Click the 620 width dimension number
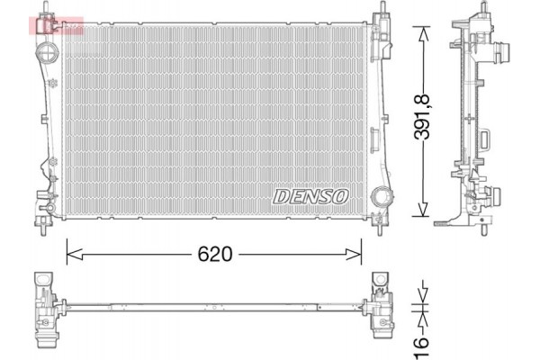pos(216,255)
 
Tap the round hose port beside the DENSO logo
pos(381,196)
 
